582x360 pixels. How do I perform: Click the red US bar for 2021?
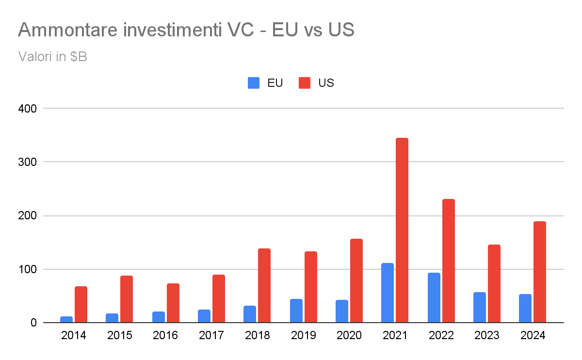coord(402,230)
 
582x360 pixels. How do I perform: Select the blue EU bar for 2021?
coord(388,293)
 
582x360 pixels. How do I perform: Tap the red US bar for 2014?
coord(81,304)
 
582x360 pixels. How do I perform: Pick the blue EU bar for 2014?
coord(66,319)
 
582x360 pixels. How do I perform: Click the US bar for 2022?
coord(449,261)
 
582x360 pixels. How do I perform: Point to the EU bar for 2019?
coord(296,311)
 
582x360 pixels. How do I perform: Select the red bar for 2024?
coord(540,272)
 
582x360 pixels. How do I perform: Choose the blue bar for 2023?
coord(480,307)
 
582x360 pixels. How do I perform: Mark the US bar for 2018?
coord(264,285)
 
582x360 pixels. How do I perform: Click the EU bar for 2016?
coord(159,317)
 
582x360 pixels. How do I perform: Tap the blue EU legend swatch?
coord(254,83)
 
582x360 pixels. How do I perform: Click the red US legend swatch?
coord(305,83)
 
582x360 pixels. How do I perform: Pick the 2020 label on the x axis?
coord(349,336)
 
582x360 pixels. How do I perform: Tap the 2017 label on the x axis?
coord(211,336)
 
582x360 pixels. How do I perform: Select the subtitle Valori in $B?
coord(52,56)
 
